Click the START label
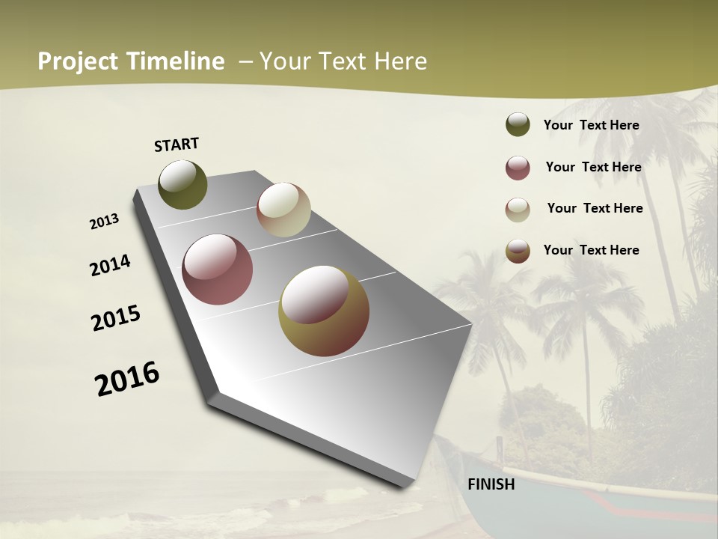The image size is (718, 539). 177,144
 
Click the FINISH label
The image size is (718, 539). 491,484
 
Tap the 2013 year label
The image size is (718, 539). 105,222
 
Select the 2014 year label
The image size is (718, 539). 111,265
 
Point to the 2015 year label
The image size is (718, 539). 116,318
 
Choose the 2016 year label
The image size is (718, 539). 127,379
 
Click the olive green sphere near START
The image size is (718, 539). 182,184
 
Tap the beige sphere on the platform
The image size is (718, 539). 283,210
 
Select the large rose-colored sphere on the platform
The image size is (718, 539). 218,269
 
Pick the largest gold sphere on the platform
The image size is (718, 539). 324,311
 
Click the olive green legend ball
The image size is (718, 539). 518,125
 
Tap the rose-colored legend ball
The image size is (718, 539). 518,168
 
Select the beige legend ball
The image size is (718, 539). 518,209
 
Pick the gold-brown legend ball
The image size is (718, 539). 518,251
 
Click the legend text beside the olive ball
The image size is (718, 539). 591,125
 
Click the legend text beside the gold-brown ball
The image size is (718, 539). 591,250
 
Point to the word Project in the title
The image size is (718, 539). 78,61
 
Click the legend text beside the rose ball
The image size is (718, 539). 593,167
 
